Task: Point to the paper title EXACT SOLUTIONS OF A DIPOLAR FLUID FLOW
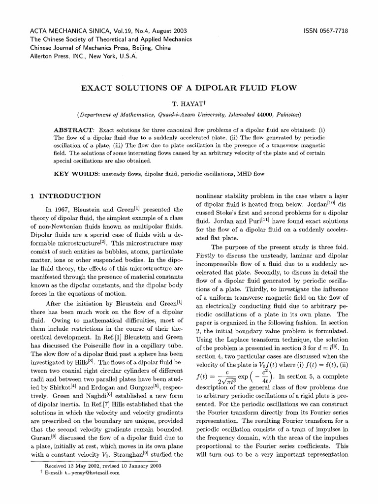point(189,89)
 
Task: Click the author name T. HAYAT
point(189,104)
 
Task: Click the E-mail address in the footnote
point(95,473)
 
